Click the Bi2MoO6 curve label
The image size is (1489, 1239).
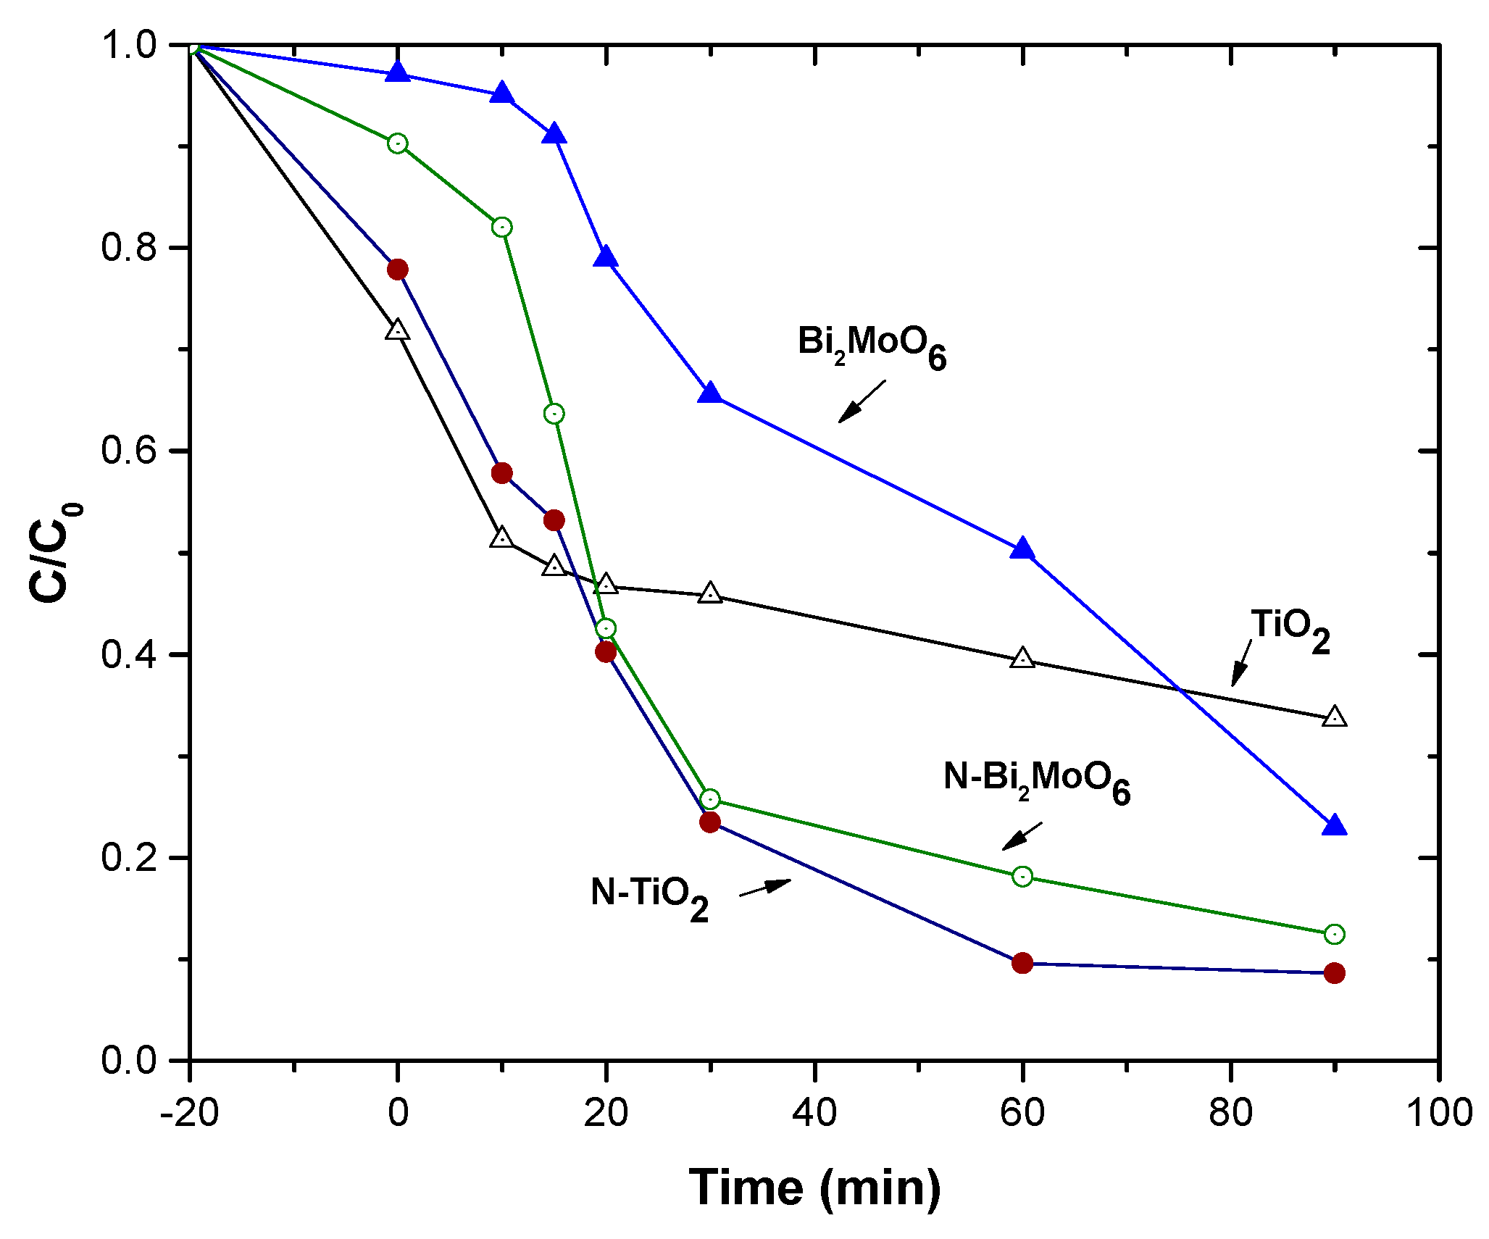pos(872,346)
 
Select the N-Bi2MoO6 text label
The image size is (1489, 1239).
pos(1036,781)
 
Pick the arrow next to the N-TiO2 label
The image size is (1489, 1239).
pos(765,887)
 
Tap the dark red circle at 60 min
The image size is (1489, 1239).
pos(1022,963)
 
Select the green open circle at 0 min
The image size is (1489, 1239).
pos(397,143)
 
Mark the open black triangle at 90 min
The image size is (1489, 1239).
pos(1334,717)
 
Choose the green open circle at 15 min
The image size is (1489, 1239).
pos(554,414)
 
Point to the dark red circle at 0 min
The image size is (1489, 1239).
pos(397,270)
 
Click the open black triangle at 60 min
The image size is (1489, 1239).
pos(1022,659)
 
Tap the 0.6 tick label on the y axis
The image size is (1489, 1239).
pos(129,451)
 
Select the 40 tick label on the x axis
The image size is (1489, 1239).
pos(814,1112)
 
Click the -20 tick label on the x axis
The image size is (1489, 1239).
pos(189,1112)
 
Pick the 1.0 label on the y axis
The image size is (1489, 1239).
pos(129,45)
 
